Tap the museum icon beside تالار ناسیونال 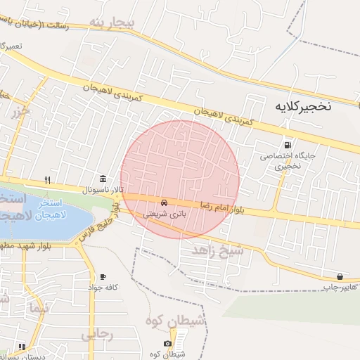[x=103, y=179]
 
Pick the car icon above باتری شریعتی [x=164, y=202]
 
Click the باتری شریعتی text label [x=164, y=213]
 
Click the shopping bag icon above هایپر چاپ [x=340, y=276]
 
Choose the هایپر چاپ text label [x=340, y=288]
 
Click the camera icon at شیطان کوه [x=167, y=343]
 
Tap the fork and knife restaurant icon [x=47, y=179]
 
